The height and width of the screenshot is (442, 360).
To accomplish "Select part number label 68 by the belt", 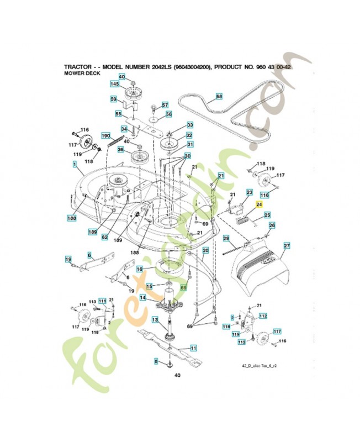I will pyautogui.click(x=219, y=97).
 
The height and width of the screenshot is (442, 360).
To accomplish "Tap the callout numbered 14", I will pyautogui.click(x=142, y=298).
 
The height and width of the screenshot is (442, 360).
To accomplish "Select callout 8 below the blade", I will pyautogui.click(x=156, y=361).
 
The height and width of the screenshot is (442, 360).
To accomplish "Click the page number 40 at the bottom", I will pyautogui.click(x=177, y=376).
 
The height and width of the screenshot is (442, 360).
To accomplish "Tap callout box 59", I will pyautogui.click(x=113, y=99).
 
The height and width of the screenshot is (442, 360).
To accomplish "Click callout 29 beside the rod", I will pyautogui.click(x=226, y=238).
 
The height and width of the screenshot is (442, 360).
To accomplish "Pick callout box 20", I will pyautogui.click(x=205, y=251).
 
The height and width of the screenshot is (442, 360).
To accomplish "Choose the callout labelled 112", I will pyautogui.click(x=263, y=316).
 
